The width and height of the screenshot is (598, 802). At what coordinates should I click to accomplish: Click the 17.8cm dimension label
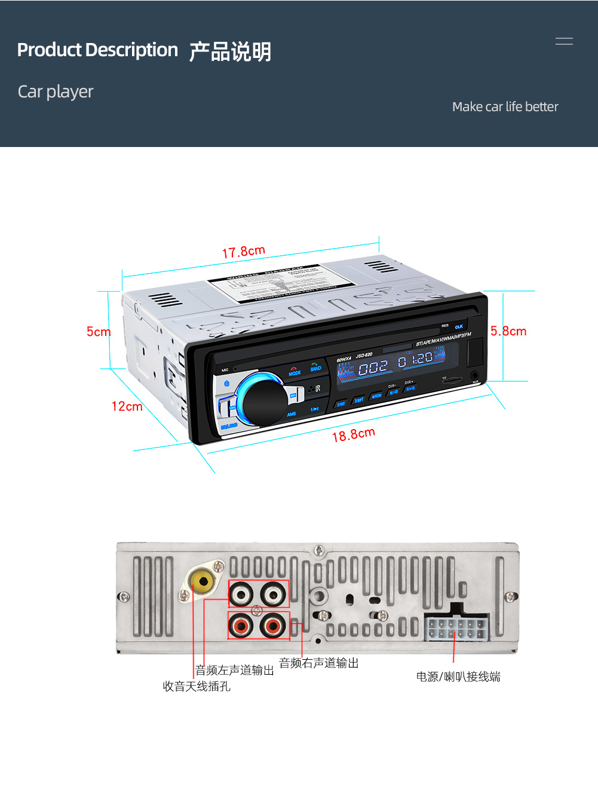click(243, 252)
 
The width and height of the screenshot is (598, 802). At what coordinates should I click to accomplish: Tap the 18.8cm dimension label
click(353, 434)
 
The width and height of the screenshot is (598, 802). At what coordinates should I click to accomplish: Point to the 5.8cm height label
click(508, 331)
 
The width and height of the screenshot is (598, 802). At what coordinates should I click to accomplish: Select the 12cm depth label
click(127, 406)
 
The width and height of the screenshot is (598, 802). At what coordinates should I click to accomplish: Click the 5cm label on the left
click(98, 332)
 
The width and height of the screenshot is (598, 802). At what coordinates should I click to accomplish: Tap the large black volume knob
click(265, 401)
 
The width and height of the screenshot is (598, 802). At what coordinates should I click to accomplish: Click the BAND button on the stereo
click(315, 367)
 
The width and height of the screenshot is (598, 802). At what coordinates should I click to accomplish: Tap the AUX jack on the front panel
click(475, 376)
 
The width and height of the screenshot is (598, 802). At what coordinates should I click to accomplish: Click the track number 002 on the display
click(373, 368)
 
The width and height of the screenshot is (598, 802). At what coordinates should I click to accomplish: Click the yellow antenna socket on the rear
click(202, 580)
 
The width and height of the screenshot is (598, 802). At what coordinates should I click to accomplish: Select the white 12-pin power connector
click(457, 627)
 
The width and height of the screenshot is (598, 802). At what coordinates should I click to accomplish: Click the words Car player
click(56, 91)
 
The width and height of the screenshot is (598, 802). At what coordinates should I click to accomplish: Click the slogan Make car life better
click(505, 107)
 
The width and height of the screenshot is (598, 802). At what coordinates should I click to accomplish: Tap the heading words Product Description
click(97, 50)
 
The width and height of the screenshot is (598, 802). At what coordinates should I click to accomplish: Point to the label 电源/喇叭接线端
click(458, 677)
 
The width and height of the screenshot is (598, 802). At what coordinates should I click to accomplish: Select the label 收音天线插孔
click(197, 686)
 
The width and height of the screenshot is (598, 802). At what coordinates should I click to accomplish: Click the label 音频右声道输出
click(319, 663)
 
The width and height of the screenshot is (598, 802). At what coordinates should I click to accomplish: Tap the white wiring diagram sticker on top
click(281, 283)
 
